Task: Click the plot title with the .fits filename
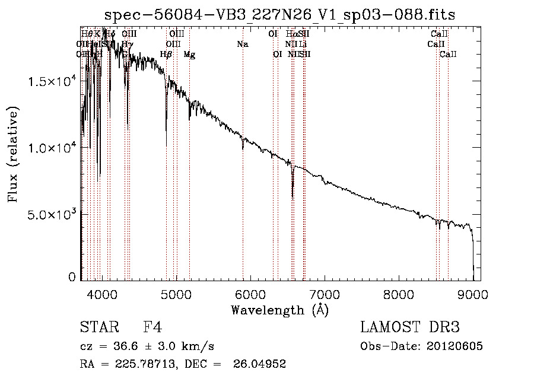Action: tap(279, 15)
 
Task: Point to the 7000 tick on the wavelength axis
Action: tap(325, 294)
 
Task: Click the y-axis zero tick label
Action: tap(72, 276)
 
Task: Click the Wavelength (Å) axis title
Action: tap(279, 310)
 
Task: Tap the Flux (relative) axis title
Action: tap(13, 154)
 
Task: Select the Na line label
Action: tap(242, 44)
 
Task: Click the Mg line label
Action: tap(189, 55)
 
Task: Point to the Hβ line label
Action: tap(166, 55)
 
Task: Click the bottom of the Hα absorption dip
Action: tap(293, 198)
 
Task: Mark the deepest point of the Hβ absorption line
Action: tap(166, 146)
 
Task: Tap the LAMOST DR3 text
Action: tap(409, 327)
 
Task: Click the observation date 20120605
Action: tap(454, 346)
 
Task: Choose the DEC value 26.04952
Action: tap(261, 364)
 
